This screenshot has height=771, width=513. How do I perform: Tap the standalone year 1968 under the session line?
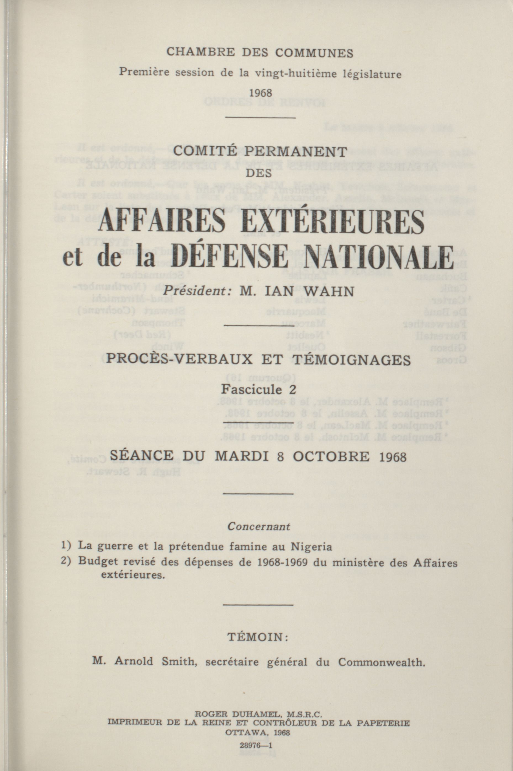coord(260,93)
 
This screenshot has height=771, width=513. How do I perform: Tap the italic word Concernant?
coord(258,527)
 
